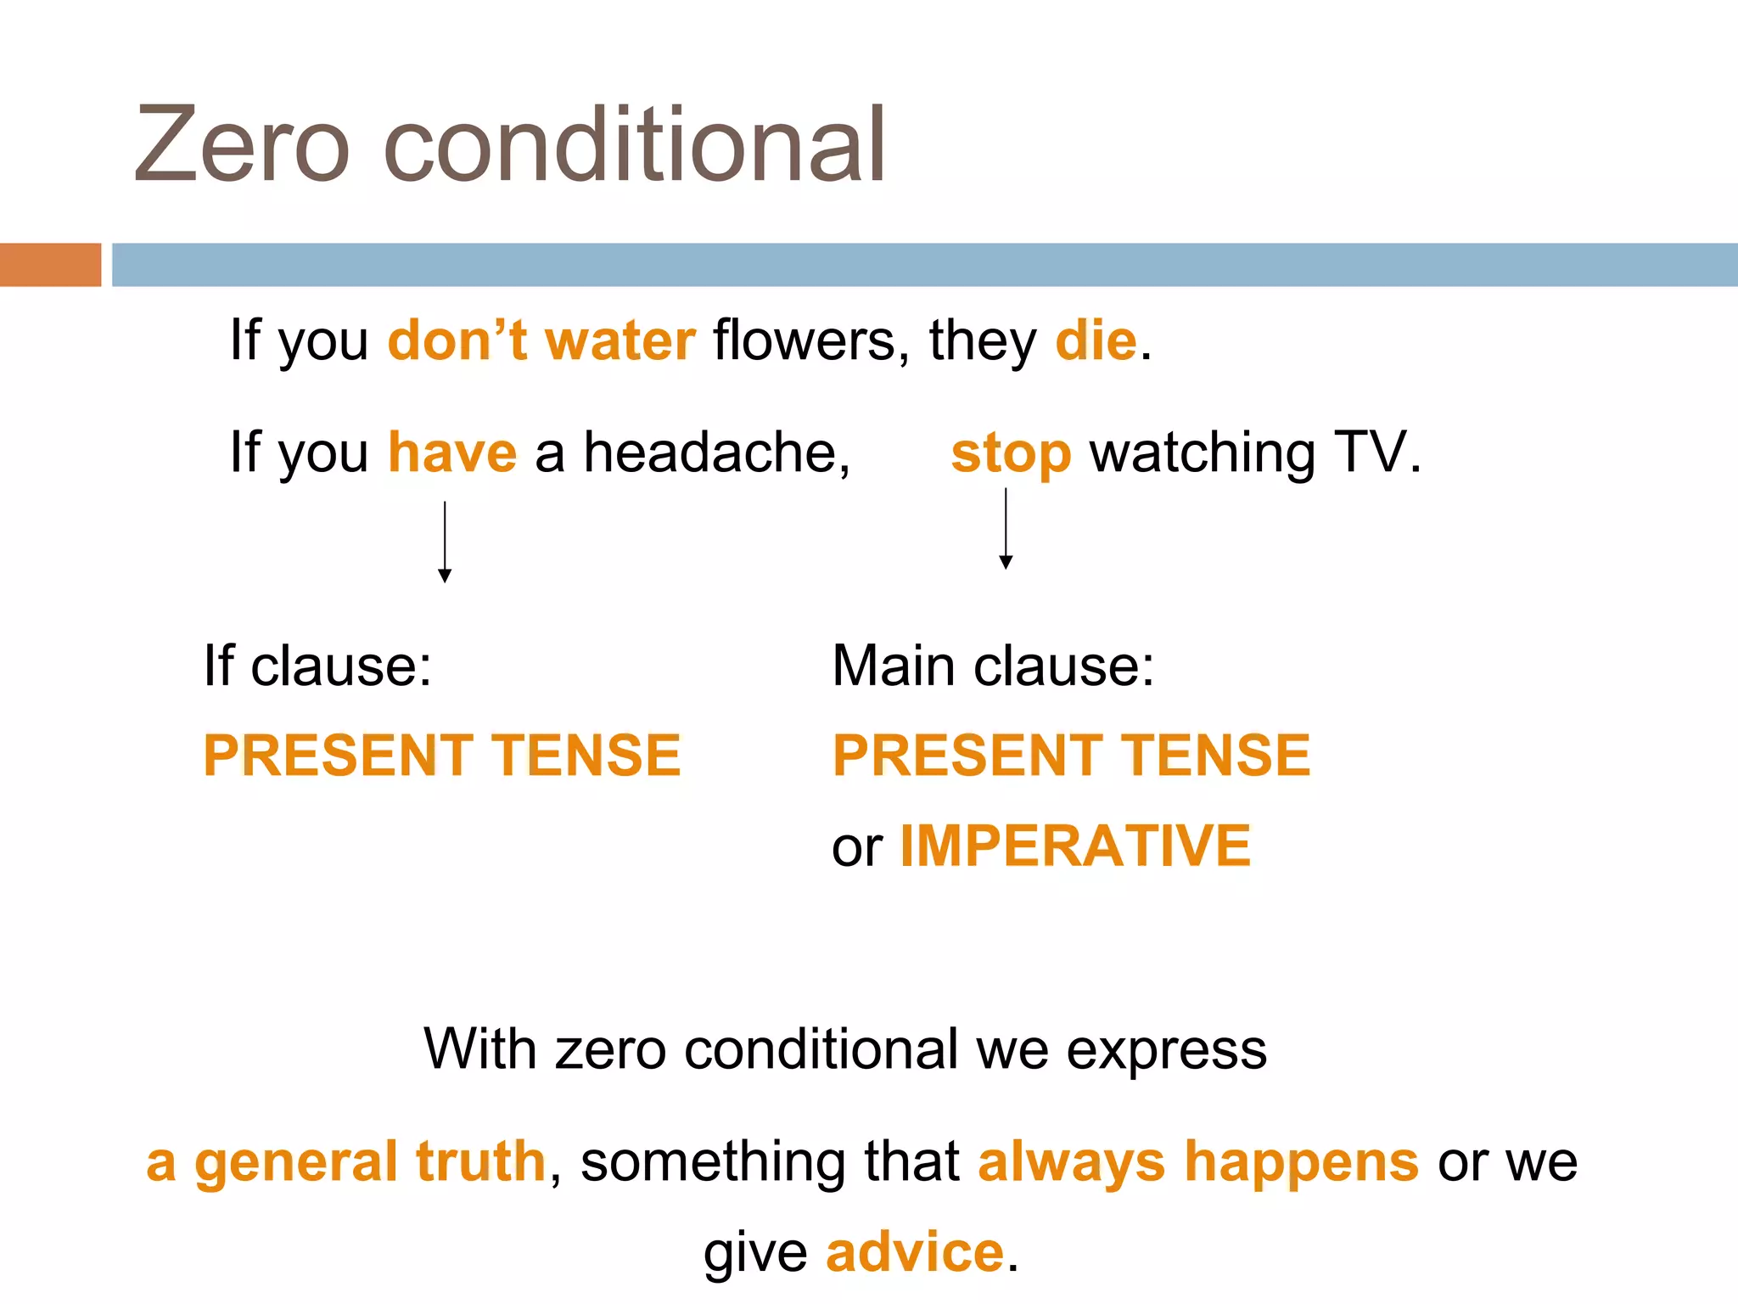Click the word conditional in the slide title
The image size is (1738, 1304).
635,146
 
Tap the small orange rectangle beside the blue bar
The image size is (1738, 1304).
50,265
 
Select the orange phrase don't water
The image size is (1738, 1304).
541,341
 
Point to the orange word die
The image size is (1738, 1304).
1096,341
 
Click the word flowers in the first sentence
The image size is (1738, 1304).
804,341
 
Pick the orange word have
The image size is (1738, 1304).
452,453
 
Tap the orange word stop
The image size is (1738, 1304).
1011,453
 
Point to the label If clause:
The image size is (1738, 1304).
318,666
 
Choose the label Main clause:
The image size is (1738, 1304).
993,666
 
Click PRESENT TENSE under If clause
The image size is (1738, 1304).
442,756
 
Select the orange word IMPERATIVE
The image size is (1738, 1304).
1075,846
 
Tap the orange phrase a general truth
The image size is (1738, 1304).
345,1162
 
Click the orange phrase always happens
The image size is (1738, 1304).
1197,1162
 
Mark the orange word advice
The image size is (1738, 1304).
915,1252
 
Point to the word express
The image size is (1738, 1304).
1166,1051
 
